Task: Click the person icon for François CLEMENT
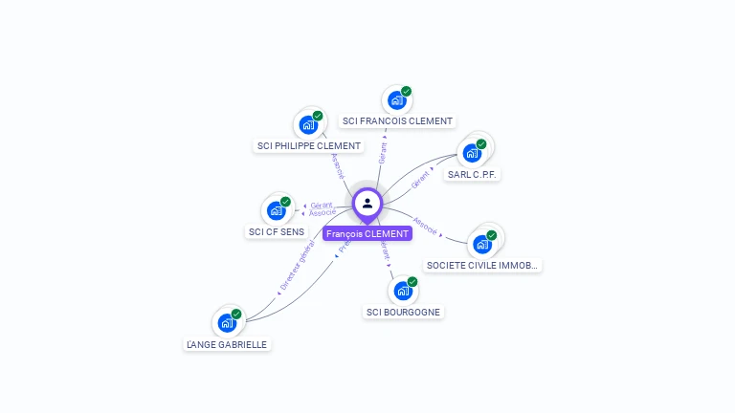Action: [x=367, y=203]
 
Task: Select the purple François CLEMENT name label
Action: [x=367, y=233]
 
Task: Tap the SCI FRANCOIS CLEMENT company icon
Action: [x=396, y=99]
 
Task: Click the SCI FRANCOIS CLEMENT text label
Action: [x=397, y=121]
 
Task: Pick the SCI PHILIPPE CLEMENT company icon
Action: [x=308, y=124]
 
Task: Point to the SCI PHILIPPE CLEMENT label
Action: [x=309, y=146]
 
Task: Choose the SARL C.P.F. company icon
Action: [x=472, y=153]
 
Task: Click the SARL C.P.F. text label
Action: [x=474, y=175]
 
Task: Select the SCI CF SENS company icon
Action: [x=277, y=209]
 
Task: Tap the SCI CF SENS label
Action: [x=277, y=231]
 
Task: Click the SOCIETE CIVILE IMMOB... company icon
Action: [x=483, y=243]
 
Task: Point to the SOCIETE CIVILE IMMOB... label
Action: [x=483, y=265]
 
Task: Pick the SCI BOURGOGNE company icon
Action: [x=403, y=290]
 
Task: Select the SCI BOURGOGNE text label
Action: [x=404, y=312]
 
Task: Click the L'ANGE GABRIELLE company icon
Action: [x=227, y=322]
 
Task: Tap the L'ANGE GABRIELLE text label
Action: [x=227, y=344]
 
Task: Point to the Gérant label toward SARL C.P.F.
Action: [x=422, y=179]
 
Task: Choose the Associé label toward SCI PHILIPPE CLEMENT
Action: [x=337, y=165]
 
